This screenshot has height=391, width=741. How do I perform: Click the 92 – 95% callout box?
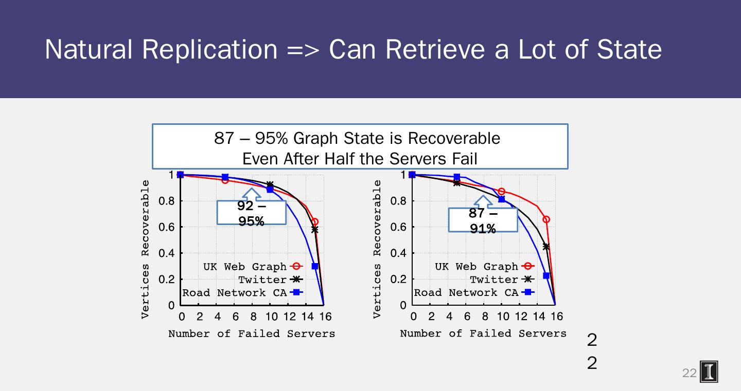pos(251,213)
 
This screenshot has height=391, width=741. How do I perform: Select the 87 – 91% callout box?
pos(483,220)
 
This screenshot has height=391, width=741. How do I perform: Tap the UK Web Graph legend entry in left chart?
pos(245,267)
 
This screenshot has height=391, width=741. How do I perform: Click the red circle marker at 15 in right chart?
pos(546,219)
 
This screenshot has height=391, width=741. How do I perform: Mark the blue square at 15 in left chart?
pos(314,267)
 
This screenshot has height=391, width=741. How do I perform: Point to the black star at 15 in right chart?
pos(546,247)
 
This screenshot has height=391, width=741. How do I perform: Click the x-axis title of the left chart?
pos(252,334)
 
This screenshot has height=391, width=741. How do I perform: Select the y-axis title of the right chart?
pos(377,249)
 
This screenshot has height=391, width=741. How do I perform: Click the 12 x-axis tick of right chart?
pos(521,316)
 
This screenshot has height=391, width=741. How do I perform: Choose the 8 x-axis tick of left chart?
pos(254,316)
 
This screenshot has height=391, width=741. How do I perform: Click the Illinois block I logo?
pos(709,372)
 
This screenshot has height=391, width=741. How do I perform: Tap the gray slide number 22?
pos(689,373)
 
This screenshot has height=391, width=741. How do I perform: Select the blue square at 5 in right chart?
pos(456,177)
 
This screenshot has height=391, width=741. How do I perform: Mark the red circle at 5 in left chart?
pos(225,180)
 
